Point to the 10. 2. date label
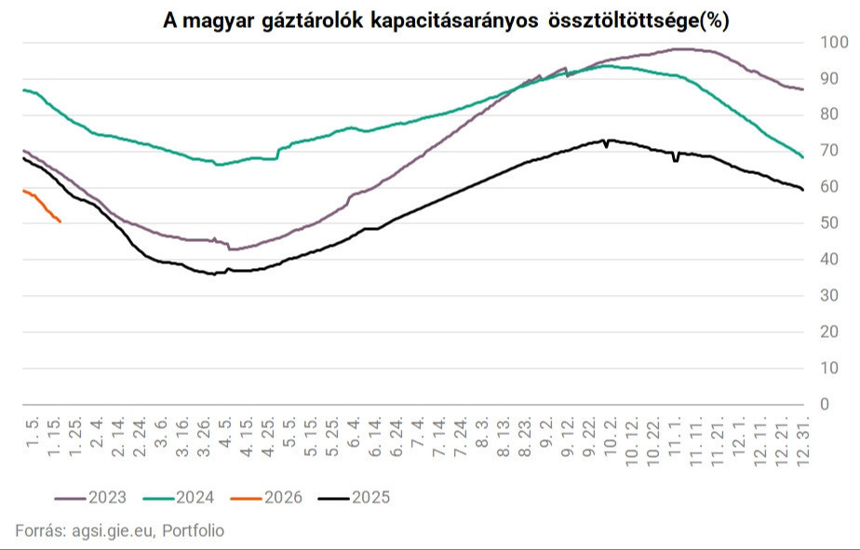pos(610,437)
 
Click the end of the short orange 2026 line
pos(60,221)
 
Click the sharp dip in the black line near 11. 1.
pos(676,160)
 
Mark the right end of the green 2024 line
pos(802,157)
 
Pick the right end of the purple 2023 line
pos(802,89)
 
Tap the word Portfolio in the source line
pos(194,530)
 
